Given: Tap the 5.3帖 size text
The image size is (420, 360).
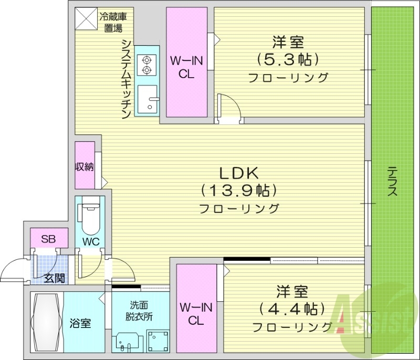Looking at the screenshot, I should coord(288,58).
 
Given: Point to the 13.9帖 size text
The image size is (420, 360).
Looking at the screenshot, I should coord(239,190).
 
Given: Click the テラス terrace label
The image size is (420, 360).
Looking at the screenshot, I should coord(392,182).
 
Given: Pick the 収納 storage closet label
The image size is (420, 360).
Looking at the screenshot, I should coord(84,167).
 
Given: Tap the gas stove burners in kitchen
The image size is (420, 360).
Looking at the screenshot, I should coord(145,65).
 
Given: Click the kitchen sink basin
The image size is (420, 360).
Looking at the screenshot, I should coord(148,100).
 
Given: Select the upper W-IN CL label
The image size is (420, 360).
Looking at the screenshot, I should coord(186,67).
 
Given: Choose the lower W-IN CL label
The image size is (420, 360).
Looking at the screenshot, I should coord(196,314).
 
